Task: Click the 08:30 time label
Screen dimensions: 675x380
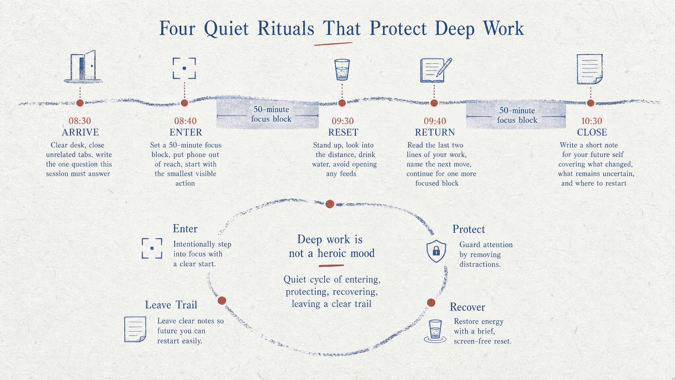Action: (80, 121)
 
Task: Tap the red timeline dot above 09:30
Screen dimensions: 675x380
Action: (342, 103)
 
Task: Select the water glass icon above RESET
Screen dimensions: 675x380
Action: (342, 70)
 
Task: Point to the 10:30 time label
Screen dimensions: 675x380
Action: (592, 121)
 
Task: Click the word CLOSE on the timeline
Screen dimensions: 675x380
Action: (592, 132)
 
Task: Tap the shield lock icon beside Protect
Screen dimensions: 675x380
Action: (436, 251)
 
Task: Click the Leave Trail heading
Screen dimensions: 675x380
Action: (171, 305)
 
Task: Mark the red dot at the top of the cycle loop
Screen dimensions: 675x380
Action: (330, 204)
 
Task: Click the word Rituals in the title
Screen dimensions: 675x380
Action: (286, 28)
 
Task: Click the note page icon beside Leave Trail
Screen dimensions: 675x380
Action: (135, 329)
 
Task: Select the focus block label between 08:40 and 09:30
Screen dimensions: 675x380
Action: (271, 114)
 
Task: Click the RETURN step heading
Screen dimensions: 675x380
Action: (435, 132)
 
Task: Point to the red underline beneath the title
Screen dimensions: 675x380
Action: (333, 43)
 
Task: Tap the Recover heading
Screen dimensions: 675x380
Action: (467, 307)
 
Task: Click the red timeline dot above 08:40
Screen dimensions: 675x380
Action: (185, 103)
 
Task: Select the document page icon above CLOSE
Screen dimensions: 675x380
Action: (590, 69)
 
